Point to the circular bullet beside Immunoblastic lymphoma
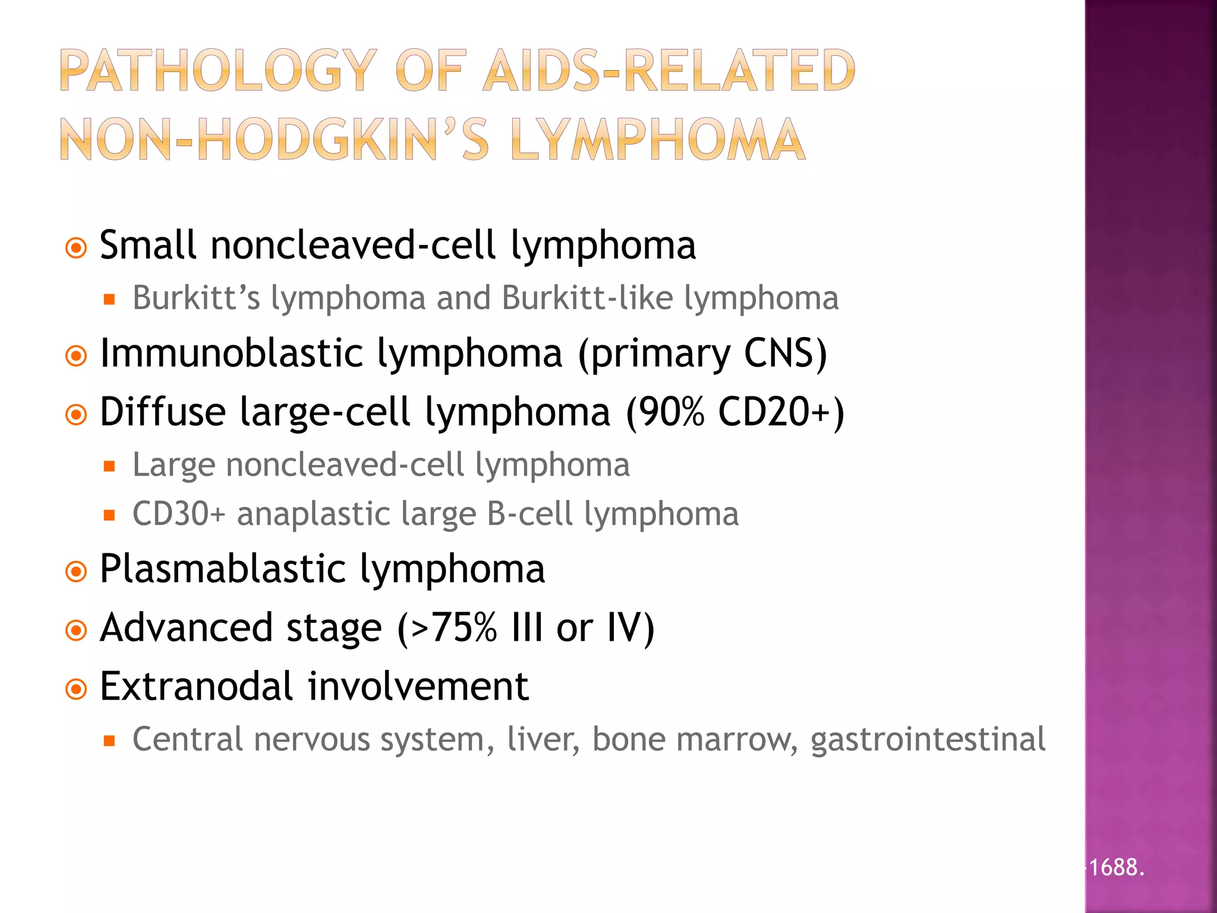click(x=76, y=356)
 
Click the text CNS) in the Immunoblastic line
click(x=785, y=353)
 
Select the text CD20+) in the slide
click(x=781, y=411)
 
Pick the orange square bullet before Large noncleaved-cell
click(x=109, y=466)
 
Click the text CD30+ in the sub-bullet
click(x=179, y=514)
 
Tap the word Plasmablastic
click(x=223, y=569)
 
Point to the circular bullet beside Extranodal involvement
click(x=76, y=690)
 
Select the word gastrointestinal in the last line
click(x=928, y=740)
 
